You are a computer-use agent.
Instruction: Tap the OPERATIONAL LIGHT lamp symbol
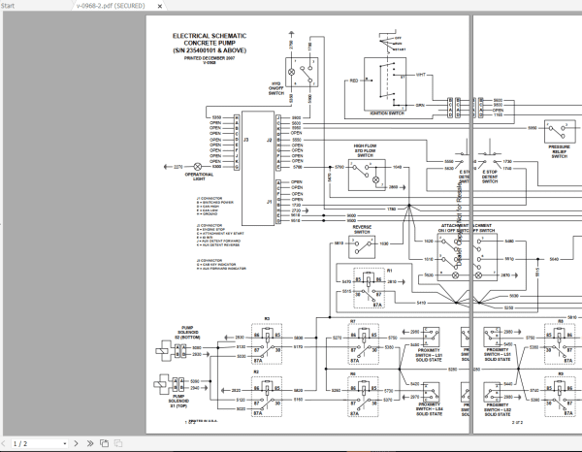tap(199, 167)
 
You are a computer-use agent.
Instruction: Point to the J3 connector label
tap(245, 141)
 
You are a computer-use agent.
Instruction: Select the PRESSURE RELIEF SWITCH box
tap(560, 132)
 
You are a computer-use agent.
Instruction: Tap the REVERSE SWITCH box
tap(362, 248)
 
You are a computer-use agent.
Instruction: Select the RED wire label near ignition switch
tap(354, 81)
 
